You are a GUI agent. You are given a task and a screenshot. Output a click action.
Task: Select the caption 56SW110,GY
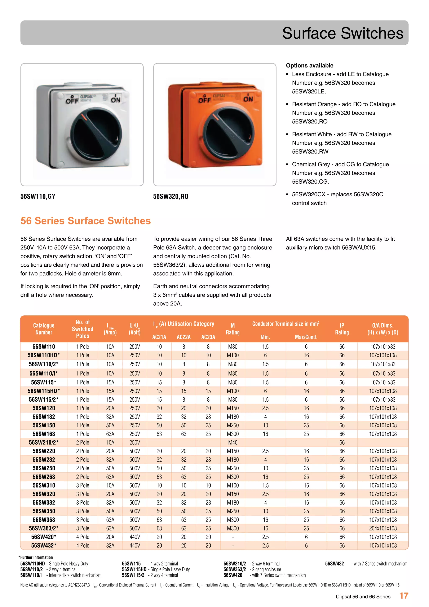click(x=38, y=196)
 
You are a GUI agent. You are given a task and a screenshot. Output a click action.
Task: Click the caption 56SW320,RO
click(x=171, y=196)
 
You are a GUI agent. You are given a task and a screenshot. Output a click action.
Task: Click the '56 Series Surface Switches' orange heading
click(x=86, y=221)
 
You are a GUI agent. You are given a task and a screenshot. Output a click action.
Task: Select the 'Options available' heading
click(x=309, y=66)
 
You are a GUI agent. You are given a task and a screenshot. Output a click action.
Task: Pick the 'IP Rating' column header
click(x=342, y=329)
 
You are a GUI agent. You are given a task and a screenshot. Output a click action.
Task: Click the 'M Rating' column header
click(x=233, y=329)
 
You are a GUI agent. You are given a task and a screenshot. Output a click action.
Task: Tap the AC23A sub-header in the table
click(x=208, y=337)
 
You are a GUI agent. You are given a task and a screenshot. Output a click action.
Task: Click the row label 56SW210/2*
click(x=44, y=442)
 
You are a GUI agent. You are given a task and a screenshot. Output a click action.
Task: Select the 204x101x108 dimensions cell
click(x=383, y=528)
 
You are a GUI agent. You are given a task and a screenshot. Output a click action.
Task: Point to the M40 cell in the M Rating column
click(x=233, y=442)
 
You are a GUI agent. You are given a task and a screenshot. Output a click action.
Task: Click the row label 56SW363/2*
click(x=44, y=528)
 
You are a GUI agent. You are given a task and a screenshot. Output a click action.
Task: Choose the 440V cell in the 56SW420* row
click(x=134, y=537)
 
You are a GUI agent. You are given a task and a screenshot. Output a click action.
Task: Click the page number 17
click(x=404, y=596)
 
